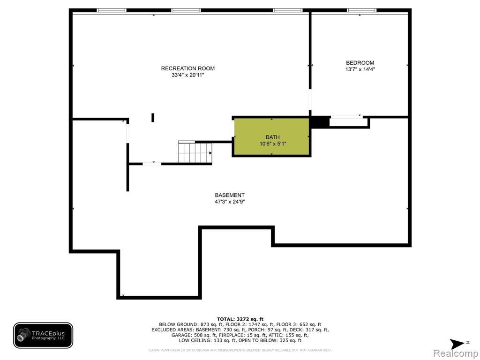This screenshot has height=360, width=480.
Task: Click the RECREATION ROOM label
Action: point(187,68)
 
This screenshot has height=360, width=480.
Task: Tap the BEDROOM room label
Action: point(360,63)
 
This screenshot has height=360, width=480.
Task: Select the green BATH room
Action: point(272,136)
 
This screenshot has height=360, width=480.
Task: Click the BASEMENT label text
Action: point(230,195)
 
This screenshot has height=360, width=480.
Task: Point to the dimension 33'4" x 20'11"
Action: point(187,75)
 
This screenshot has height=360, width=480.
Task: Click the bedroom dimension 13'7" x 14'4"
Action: point(360,69)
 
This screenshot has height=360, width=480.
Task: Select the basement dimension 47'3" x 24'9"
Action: point(230,202)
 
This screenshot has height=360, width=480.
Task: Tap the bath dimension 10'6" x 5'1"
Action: point(273,143)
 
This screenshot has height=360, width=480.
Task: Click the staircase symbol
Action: point(195,152)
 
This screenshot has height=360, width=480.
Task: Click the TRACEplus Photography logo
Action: point(43,335)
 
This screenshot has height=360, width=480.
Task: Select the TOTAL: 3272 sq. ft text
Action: point(240,319)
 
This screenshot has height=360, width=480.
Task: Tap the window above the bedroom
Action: point(361,10)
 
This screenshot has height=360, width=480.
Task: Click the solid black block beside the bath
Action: point(319,121)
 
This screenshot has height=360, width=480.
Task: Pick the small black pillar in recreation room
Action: point(153,118)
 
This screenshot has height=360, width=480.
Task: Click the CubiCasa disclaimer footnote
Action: point(240,350)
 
